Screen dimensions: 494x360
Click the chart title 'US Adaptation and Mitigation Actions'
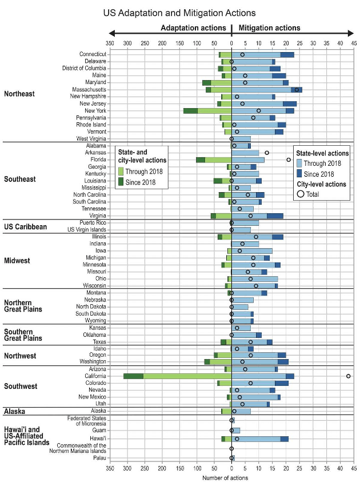click(x=179, y=12)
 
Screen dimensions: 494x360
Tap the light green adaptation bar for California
click(x=187, y=376)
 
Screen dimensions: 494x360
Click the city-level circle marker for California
click(x=348, y=376)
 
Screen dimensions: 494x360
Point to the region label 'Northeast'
click(x=19, y=94)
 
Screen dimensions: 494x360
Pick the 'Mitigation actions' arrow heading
click(x=269, y=28)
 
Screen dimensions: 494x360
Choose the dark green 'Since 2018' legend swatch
click(x=121, y=182)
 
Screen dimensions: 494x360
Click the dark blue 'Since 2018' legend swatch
click(x=299, y=174)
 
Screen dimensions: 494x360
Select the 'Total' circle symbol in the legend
click(x=299, y=194)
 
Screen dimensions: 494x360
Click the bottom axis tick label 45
click(x=354, y=468)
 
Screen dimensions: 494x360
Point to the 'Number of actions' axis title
click(x=231, y=479)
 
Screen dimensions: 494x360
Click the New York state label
click(x=93, y=110)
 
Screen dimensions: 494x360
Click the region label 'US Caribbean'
click(x=25, y=226)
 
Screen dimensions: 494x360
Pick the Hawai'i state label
click(x=95, y=439)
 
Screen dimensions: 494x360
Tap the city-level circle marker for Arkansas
click(x=267, y=153)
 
